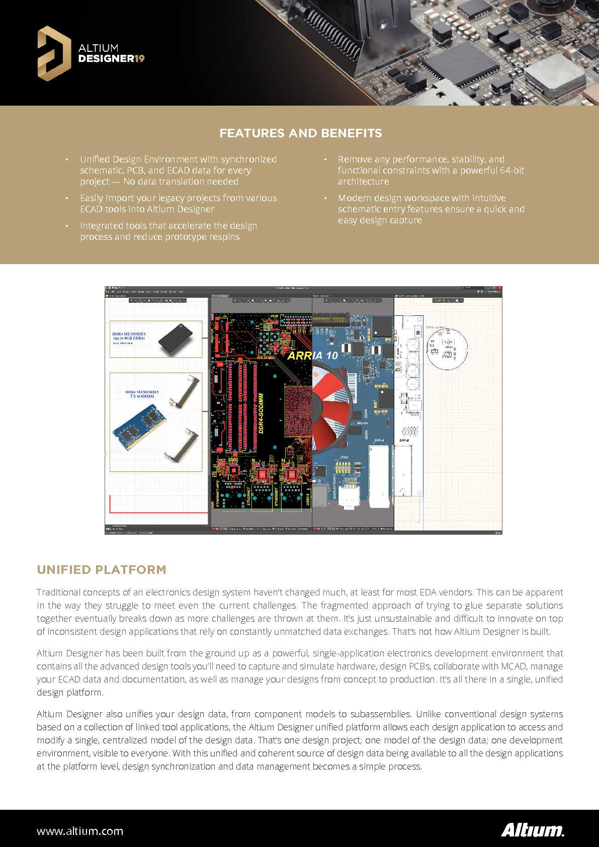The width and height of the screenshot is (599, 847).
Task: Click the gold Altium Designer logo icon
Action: (54, 53)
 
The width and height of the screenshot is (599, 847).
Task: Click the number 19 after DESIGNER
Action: (139, 59)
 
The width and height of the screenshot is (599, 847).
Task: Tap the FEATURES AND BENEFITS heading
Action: (300, 133)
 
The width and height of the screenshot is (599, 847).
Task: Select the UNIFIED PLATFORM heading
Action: (101, 570)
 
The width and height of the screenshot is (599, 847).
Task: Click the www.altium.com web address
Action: (80, 831)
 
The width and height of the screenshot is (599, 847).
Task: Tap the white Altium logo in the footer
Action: (532, 830)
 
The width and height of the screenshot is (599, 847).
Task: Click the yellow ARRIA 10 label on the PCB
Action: (312, 356)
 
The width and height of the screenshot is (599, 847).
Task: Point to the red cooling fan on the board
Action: (329, 407)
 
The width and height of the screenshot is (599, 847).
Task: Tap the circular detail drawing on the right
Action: (447, 348)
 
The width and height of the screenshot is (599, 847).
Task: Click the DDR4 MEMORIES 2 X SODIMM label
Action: (142, 394)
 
